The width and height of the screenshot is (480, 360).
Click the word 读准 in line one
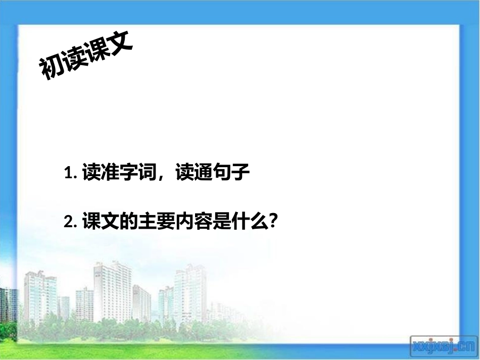99,174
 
